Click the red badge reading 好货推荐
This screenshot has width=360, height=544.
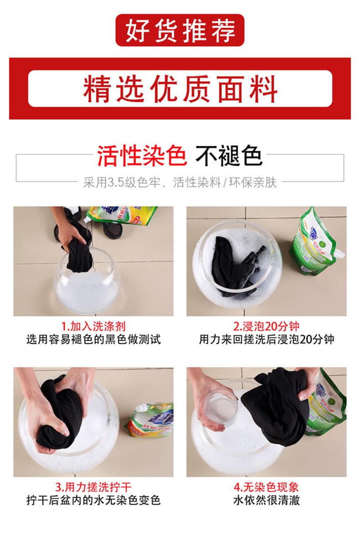tap(180, 30)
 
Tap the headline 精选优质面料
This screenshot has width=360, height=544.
tap(180, 89)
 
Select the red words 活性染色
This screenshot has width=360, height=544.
tap(142, 156)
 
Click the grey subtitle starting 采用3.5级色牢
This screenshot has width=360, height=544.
tap(180, 182)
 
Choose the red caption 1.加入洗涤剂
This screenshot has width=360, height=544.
tap(93, 326)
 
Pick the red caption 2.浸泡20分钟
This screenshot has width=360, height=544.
tap(266, 326)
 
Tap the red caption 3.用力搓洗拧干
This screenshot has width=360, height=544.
tap(93, 487)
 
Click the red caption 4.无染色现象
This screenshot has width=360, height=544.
tap(266, 487)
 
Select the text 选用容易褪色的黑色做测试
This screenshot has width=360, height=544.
tap(93, 339)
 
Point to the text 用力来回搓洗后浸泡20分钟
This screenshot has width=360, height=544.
tap(266, 339)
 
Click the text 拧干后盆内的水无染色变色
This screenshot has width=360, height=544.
tap(93, 500)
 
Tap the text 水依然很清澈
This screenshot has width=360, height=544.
tap(266, 500)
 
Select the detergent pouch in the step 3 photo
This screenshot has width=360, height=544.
tap(150, 420)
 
